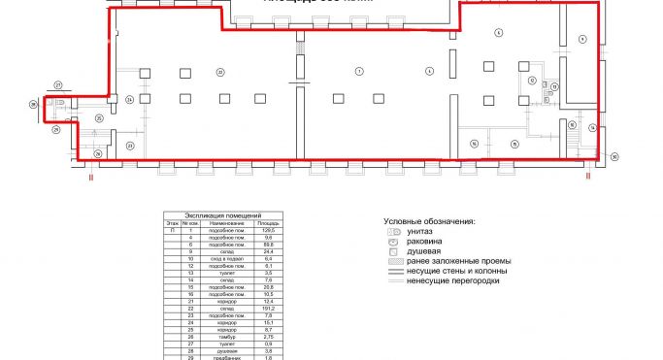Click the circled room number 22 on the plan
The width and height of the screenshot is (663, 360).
pos(220,72)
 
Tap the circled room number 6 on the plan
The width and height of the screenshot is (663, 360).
pos(498,32)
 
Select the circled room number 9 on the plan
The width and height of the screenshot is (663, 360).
pos(582,38)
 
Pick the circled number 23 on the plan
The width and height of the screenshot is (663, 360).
pos(129,144)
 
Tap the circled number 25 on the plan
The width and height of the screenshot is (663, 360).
pos(99,117)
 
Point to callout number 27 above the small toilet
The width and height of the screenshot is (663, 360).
pos(57,85)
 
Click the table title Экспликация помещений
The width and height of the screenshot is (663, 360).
pos(222,215)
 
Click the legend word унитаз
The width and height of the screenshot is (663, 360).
pos(421,233)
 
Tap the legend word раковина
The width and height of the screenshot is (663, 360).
pos(426,243)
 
